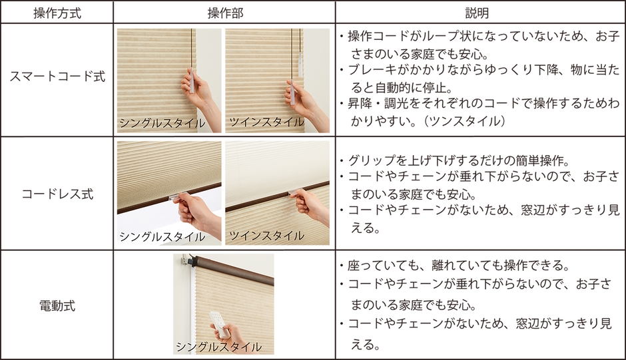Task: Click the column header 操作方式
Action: click(x=57, y=13)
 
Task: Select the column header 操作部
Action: click(x=225, y=13)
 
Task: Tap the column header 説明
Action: click(x=477, y=13)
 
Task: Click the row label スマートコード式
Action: click(x=57, y=76)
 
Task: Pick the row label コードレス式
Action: click(x=57, y=194)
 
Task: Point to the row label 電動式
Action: click(x=57, y=305)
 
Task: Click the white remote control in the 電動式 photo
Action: click(x=218, y=324)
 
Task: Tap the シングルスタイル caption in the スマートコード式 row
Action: click(x=162, y=123)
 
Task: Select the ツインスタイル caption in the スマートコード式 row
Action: click(x=266, y=122)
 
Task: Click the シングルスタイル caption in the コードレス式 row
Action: click(x=162, y=237)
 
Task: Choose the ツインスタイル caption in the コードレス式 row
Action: click(x=266, y=236)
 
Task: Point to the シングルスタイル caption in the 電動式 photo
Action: click(x=219, y=347)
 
